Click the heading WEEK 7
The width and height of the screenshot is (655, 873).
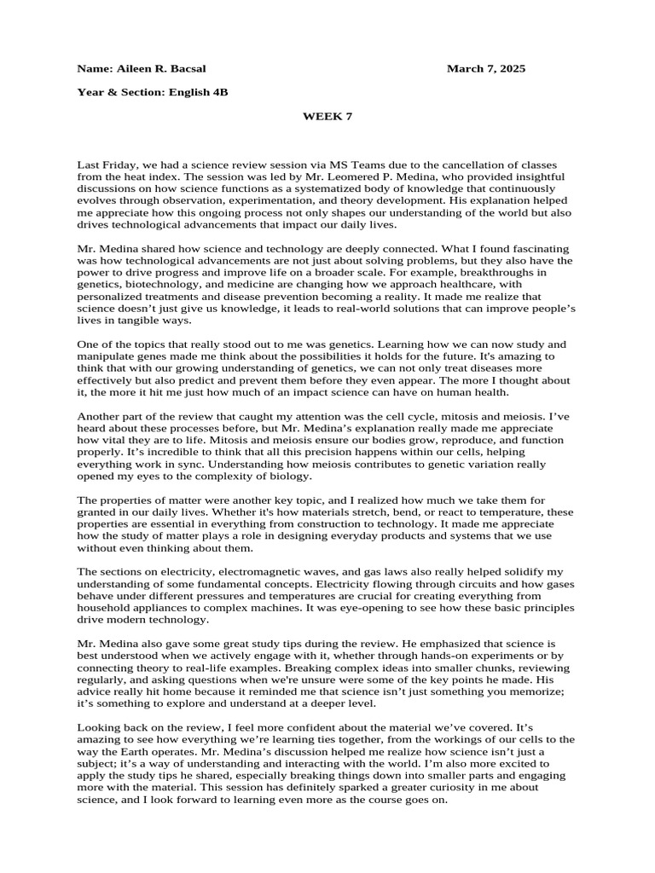pos(327,117)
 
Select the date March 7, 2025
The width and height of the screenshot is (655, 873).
pos(486,68)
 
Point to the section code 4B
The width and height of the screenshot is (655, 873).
pos(219,92)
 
